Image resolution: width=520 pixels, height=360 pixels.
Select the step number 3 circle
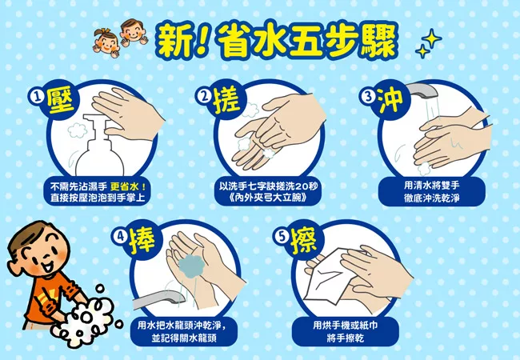(369, 96)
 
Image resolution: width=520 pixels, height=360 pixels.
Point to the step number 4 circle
(120, 236)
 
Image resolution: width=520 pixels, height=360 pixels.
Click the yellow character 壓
(60, 98)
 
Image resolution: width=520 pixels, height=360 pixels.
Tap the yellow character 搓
(226, 98)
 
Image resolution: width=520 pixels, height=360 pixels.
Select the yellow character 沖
(391, 98)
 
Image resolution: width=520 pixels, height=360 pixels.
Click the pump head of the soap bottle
(97, 123)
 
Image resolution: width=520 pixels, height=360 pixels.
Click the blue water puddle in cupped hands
(192, 266)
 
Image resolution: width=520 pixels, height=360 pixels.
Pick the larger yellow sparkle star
(431, 39)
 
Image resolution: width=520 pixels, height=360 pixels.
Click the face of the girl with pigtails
(106, 44)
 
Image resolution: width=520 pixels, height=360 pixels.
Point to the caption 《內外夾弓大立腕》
(267, 198)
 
